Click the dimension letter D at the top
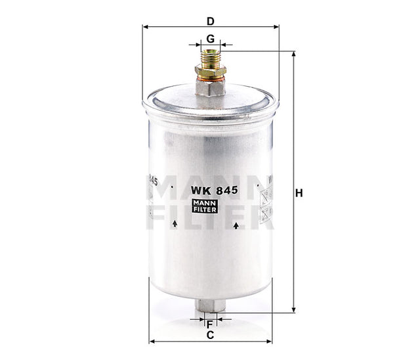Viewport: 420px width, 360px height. point(210,20)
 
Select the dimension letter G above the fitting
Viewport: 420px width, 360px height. point(210,39)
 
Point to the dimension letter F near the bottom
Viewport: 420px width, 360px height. point(210,324)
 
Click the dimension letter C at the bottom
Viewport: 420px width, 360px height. point(210,335)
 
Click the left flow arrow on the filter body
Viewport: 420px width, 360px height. point(175,224)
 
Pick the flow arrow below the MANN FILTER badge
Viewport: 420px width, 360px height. point(235,225)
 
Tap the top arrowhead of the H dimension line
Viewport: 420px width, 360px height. point(293,53)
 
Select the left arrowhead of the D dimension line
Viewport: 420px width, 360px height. point(145,27)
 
